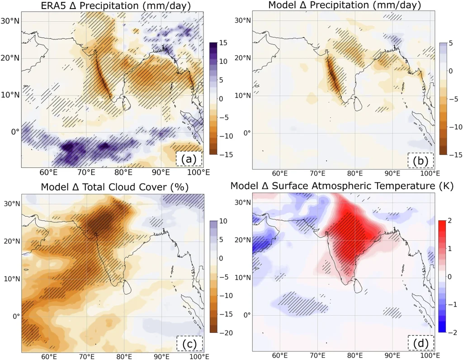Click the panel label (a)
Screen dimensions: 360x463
(x=189, y=159)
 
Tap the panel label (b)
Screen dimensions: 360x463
(x=420, y=160)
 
